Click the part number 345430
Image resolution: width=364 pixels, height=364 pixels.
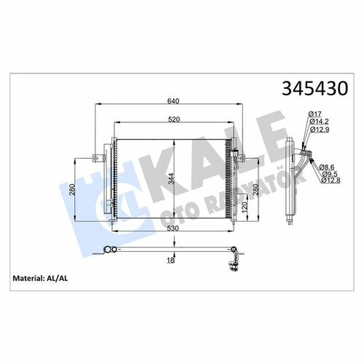pos(314,88)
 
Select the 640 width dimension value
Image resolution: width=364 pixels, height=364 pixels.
pos(173,101)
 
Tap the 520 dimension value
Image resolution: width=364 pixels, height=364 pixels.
pos(174,119)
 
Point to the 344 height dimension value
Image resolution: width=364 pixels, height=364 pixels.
pos(171,178)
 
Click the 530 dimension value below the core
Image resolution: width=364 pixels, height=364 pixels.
pos(173,229)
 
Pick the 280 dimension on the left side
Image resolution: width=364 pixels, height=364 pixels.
pos(72,190)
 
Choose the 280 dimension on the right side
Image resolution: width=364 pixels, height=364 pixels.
pos(256,190)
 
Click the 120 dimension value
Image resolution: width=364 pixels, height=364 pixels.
pos(245,207)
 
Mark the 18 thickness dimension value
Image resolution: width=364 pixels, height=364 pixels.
pos(170,260)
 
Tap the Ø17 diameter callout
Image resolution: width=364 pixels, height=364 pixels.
pos(315,114)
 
